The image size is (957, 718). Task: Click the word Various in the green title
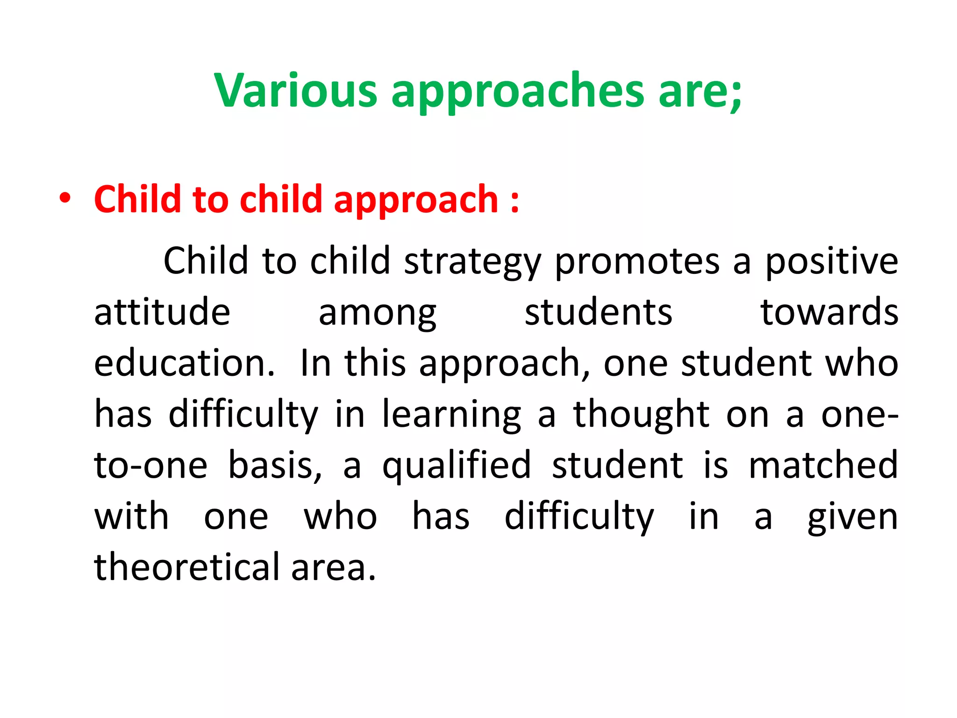tap(295, 91)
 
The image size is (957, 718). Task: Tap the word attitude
tap(162, 312)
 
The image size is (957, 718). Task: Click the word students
tap(599, 312)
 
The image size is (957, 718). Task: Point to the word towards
tap(829, 312)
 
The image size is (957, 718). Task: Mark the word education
tap(185, 363)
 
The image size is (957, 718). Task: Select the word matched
tap(823, 465)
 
